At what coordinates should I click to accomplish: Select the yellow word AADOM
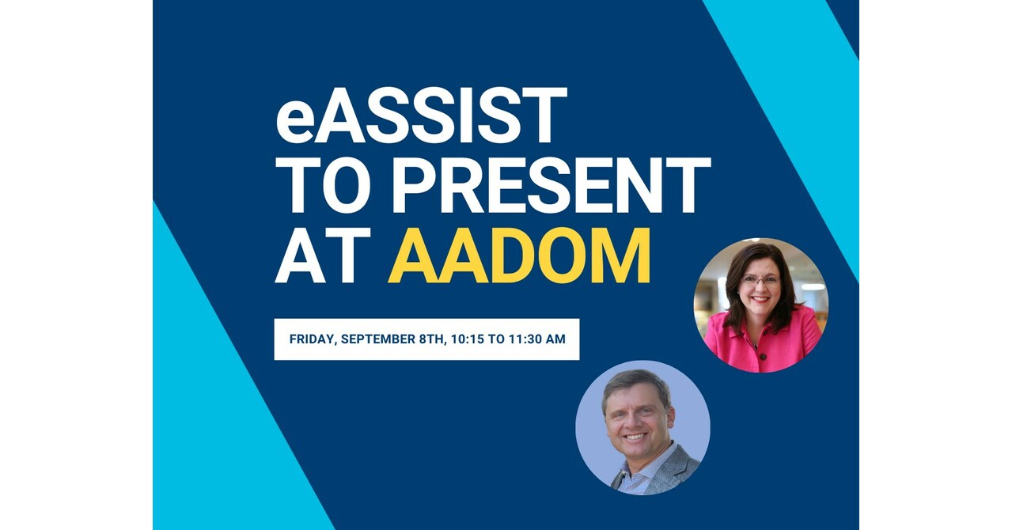click(x=519, y=256)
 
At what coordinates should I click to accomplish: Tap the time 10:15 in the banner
click(x=468, y=339)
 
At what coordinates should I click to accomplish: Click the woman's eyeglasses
click(x=760, y=280)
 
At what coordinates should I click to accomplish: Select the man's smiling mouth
click(x=636, y=436)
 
